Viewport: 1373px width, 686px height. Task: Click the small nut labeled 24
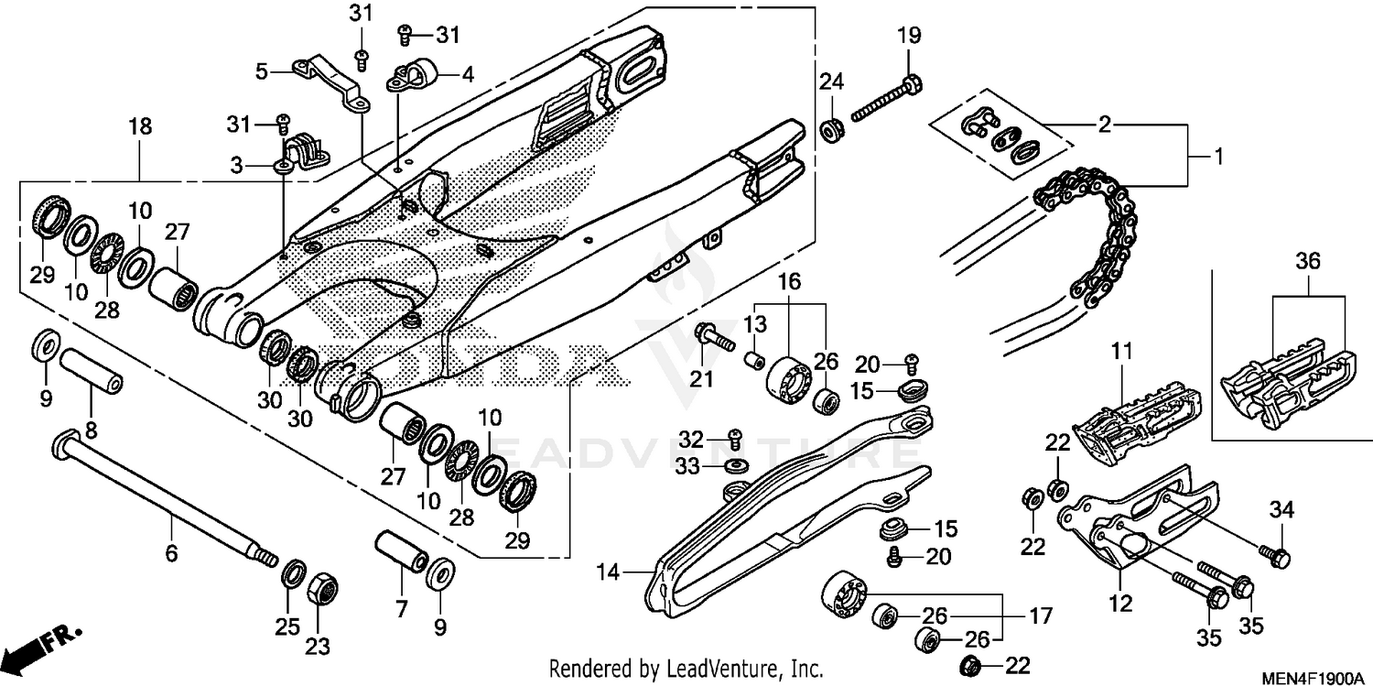click(x=831, y=129)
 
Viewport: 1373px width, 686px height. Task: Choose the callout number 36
click(x=1308, y=261)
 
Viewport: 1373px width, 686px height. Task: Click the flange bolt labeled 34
click(x=1274, y=554)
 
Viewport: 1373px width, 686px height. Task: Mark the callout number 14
click(x=609, y=573)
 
